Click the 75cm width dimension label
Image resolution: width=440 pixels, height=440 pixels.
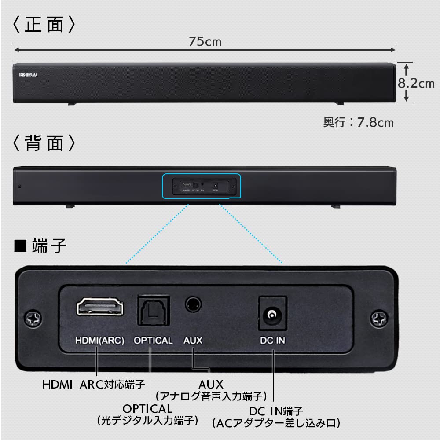click(205, 42)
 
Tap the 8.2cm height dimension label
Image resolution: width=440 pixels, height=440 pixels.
click(416, 83)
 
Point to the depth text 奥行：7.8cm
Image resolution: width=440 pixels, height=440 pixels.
click(359, 122)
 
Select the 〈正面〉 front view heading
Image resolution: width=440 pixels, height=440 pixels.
click(44, 25)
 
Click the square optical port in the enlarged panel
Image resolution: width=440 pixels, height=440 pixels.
click(154, 310)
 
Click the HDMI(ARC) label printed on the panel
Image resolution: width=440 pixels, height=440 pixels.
click(100, 340)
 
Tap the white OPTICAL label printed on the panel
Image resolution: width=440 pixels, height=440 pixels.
click(153, 340)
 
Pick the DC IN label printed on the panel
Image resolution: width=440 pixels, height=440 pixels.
click(272, 340)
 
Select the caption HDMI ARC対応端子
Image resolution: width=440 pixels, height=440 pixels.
click(94, 385)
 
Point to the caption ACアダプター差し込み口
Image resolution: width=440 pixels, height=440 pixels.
click(276, 424)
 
